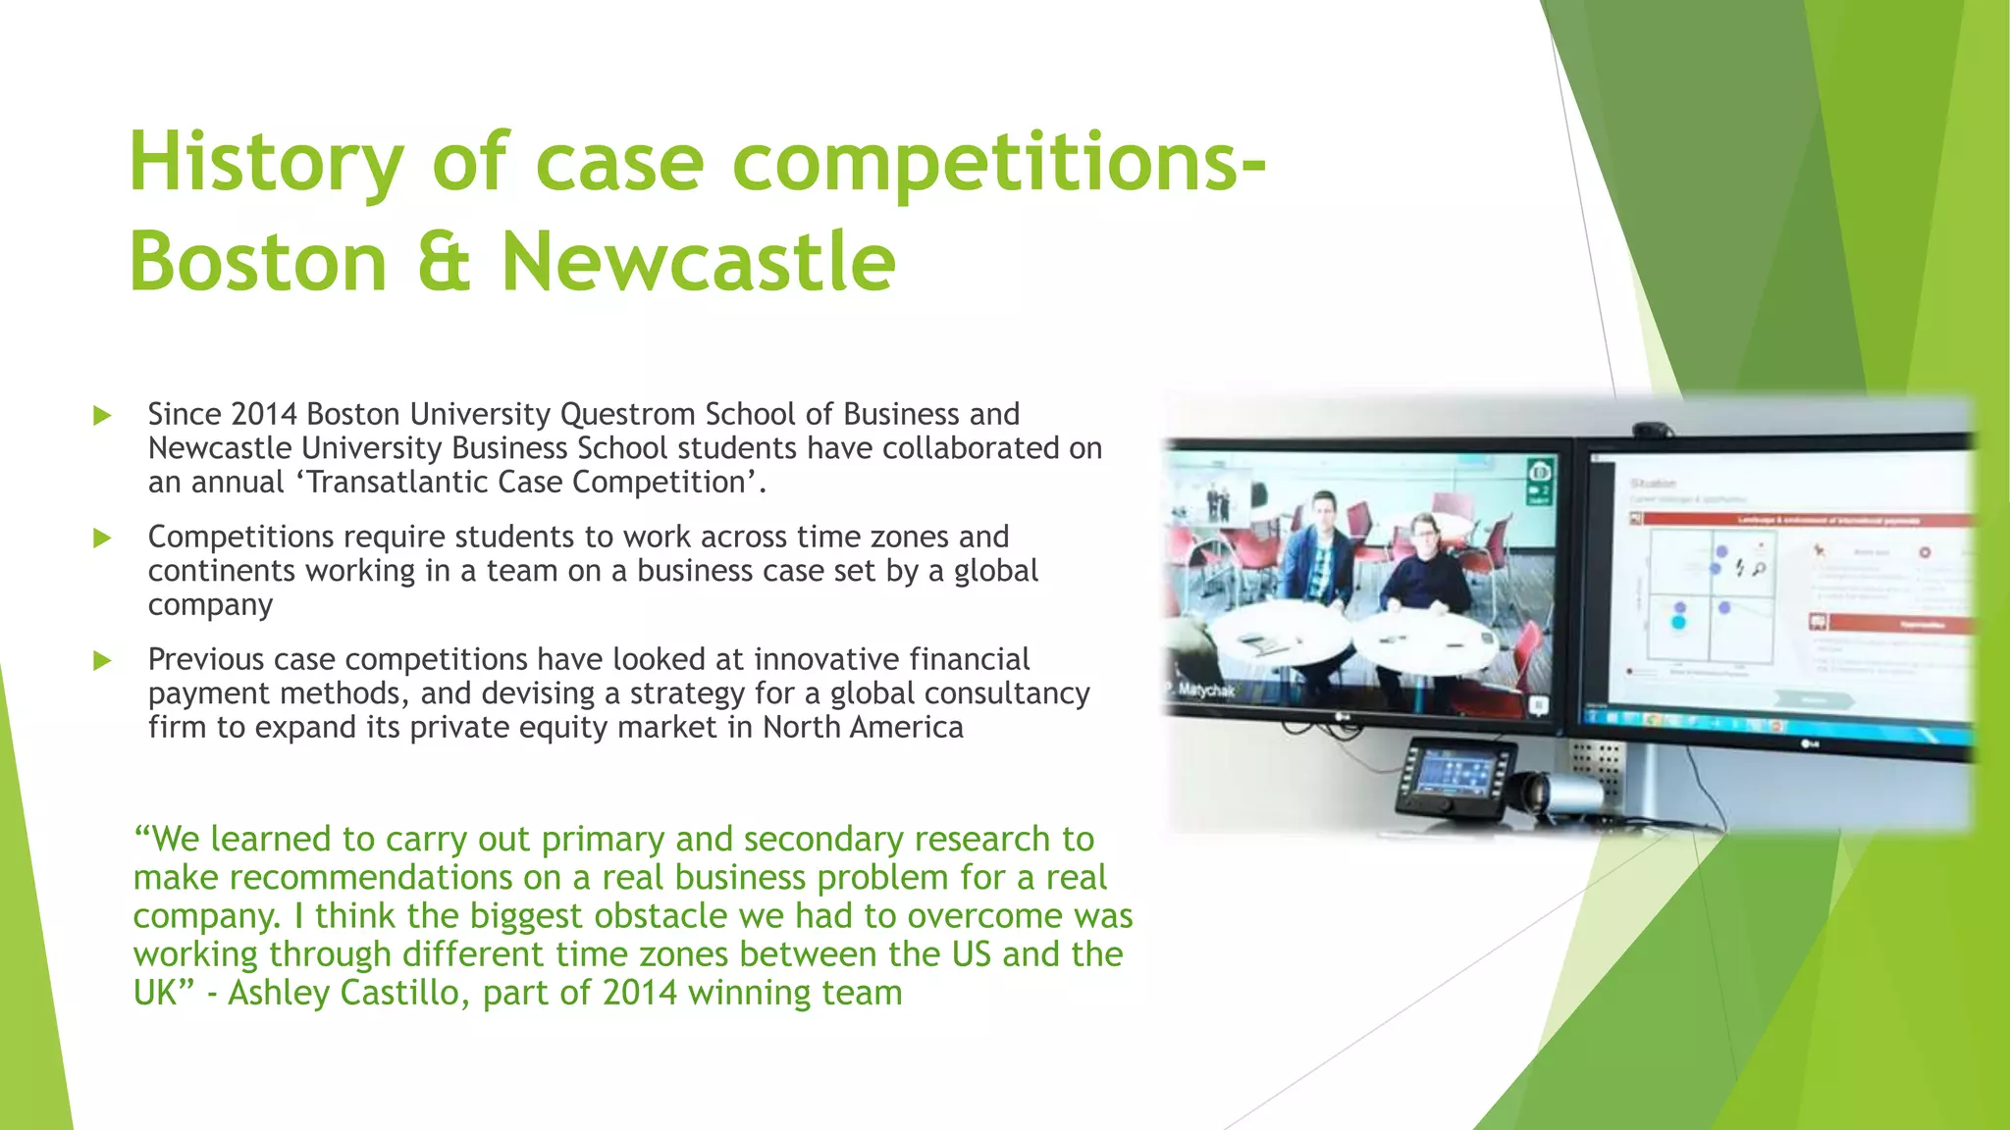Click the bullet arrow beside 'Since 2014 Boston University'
coord(102,416)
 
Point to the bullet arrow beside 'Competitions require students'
coord(102,538)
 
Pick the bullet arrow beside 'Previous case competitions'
coord(102,660)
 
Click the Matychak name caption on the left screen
coord(1206,691)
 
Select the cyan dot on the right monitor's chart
coord(1678,622)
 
